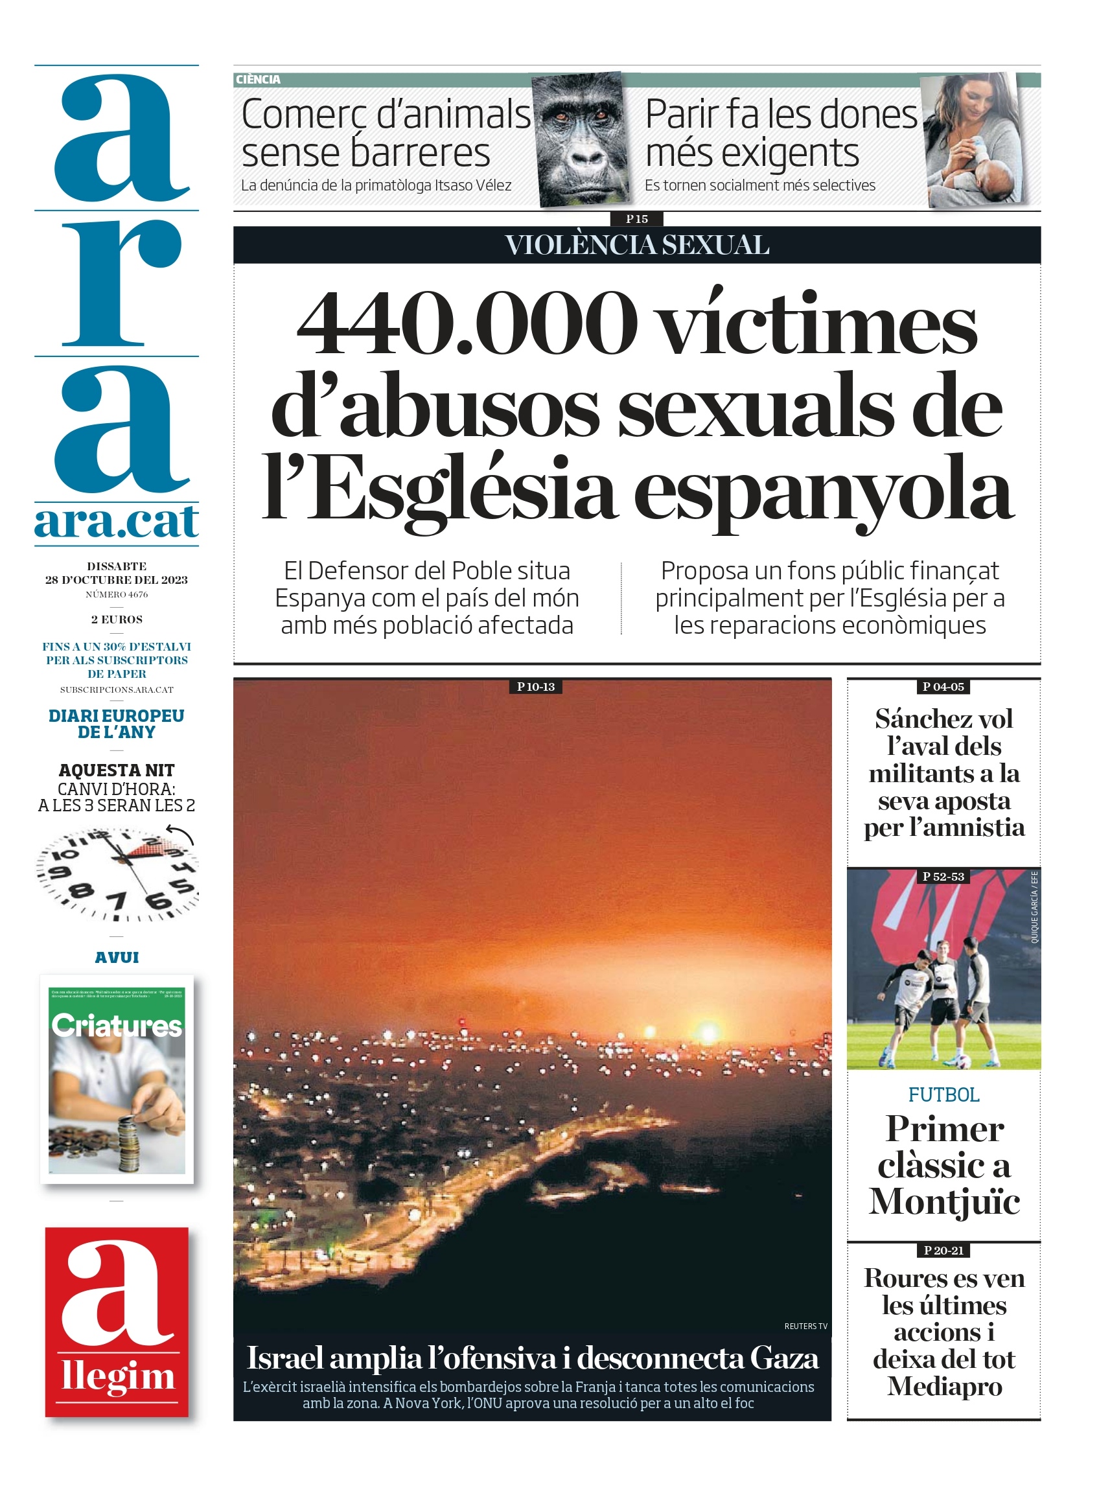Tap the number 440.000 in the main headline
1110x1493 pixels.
click(x=467, y=323)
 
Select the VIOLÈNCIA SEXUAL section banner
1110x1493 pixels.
click(x=636, y=245)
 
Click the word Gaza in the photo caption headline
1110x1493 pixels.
click(x=784, y=1358)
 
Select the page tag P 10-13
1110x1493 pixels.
click(x=535, y=687)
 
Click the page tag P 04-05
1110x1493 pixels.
click(x=943, y=687)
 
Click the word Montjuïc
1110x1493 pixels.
click(x=944, y=1202)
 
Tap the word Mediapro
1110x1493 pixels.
click(x=944, y=1386)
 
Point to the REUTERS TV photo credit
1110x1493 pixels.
click(x=805, y=1326)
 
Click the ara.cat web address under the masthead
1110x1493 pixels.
click(x=117, y=522)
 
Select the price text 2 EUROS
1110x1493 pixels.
click(x=117, y=619)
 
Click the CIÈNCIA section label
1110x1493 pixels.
click(x=258, y=80)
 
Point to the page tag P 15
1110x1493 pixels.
click(x=636, y=219)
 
